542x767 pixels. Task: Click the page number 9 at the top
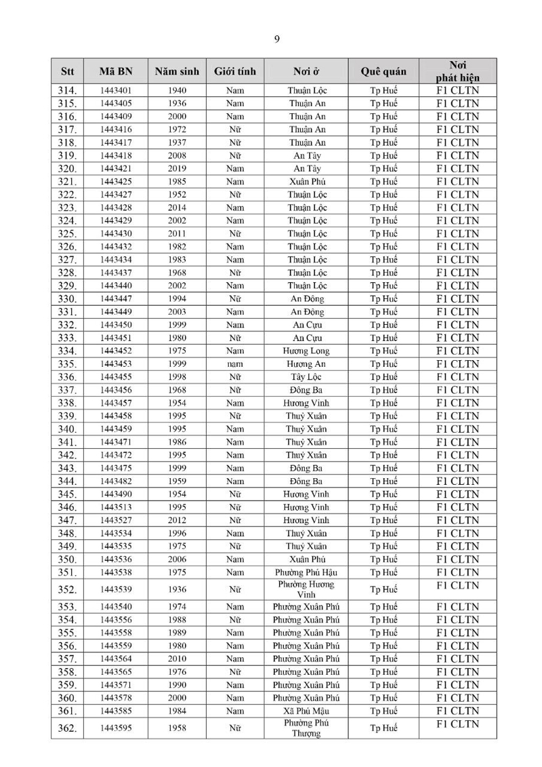point(277,39)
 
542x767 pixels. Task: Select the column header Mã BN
point(115,71)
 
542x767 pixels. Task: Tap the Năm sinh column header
point(177,71)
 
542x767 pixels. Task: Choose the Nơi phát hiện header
point(457,71)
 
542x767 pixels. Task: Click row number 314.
point(67,91)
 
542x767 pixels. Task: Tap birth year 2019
point(177,169)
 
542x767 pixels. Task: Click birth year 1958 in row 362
point(177,728)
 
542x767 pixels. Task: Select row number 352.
point(67,590)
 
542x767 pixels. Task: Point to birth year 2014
point(177,208)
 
